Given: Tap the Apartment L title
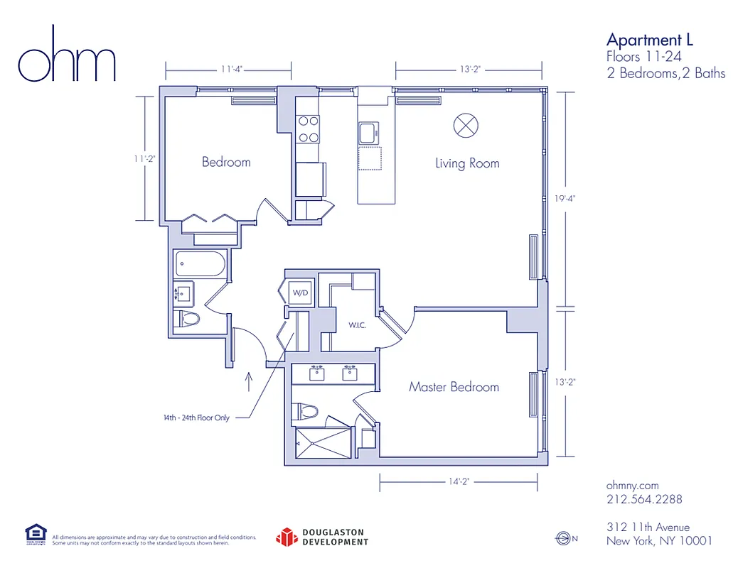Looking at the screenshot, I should tap(650, 39).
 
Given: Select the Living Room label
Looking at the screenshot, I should tap(467, 163).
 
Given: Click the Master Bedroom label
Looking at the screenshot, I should tap(454, 387).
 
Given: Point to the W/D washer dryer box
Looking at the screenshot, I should tap(298, 292).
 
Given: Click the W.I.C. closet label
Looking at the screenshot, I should tap(357, 326).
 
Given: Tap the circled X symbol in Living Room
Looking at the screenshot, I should tap(466, 126).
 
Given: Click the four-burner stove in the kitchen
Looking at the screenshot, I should tap(308, 130).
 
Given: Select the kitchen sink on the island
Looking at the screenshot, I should tap(369, 133).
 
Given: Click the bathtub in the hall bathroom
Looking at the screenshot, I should tap(200, 266).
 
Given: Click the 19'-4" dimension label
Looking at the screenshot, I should tap(565, 199).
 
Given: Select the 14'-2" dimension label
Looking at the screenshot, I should tap(459, 481).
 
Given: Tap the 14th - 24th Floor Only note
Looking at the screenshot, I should tap(196, 418).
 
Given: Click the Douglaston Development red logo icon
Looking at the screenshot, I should tap(286, 537).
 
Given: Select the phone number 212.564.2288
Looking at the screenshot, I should tap(644, 499).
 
